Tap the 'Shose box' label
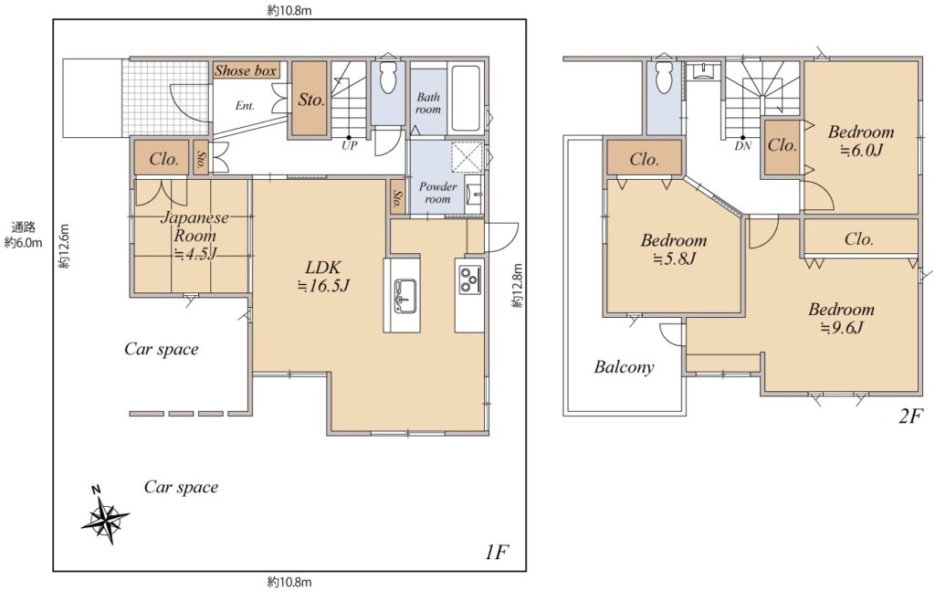(x=246, y=71)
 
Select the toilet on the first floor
(x=388, y=78)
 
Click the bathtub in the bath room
(x=465, y=98)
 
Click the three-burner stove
(x=470, y=280)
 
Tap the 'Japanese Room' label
(x=194, y=226)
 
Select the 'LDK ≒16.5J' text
(x=323, y=276)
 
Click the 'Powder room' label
(x=437, y=193)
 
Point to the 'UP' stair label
(x=349, y=145)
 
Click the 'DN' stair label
(x=743, y=145)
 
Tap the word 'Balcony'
(x=624, y=367)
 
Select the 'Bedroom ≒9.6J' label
(x=841, y=319)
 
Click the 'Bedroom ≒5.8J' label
(x=674, y=249)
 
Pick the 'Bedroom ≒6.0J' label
(x=861, y=141)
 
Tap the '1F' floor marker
(x=496, y=553)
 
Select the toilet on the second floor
(x=664, y=78)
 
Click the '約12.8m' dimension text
(x=517, y=286)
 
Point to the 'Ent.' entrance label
(x=245, y=106)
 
